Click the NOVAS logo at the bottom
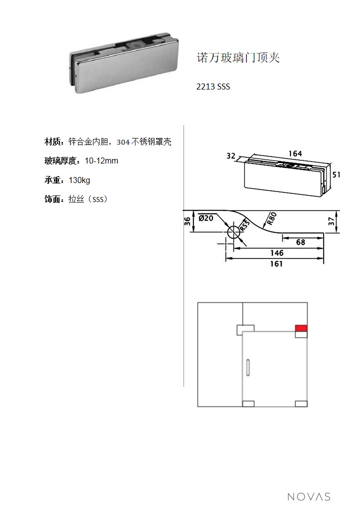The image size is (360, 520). coord(308,496)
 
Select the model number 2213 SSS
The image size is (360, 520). coord(213,86)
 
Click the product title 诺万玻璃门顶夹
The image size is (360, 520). coord(238,57)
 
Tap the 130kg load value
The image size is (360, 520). coord(79,180)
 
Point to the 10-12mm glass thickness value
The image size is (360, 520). coord(101,161)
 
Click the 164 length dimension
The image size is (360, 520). coord(295,153)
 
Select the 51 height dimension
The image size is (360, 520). coord(336,174)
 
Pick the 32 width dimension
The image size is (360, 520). coord(231,156)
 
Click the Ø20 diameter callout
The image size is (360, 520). coord(206,218)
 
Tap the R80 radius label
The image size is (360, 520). coord(271,218)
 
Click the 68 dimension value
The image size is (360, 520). coord(300,242)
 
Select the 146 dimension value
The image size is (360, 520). coord(277,253)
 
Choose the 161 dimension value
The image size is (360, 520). coord(276,264)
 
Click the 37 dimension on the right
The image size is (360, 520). coord(331,221)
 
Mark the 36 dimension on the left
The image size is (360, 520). coord(187,221)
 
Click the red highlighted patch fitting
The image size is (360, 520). coord(301,328)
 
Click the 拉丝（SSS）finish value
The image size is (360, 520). coord(88,199)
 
